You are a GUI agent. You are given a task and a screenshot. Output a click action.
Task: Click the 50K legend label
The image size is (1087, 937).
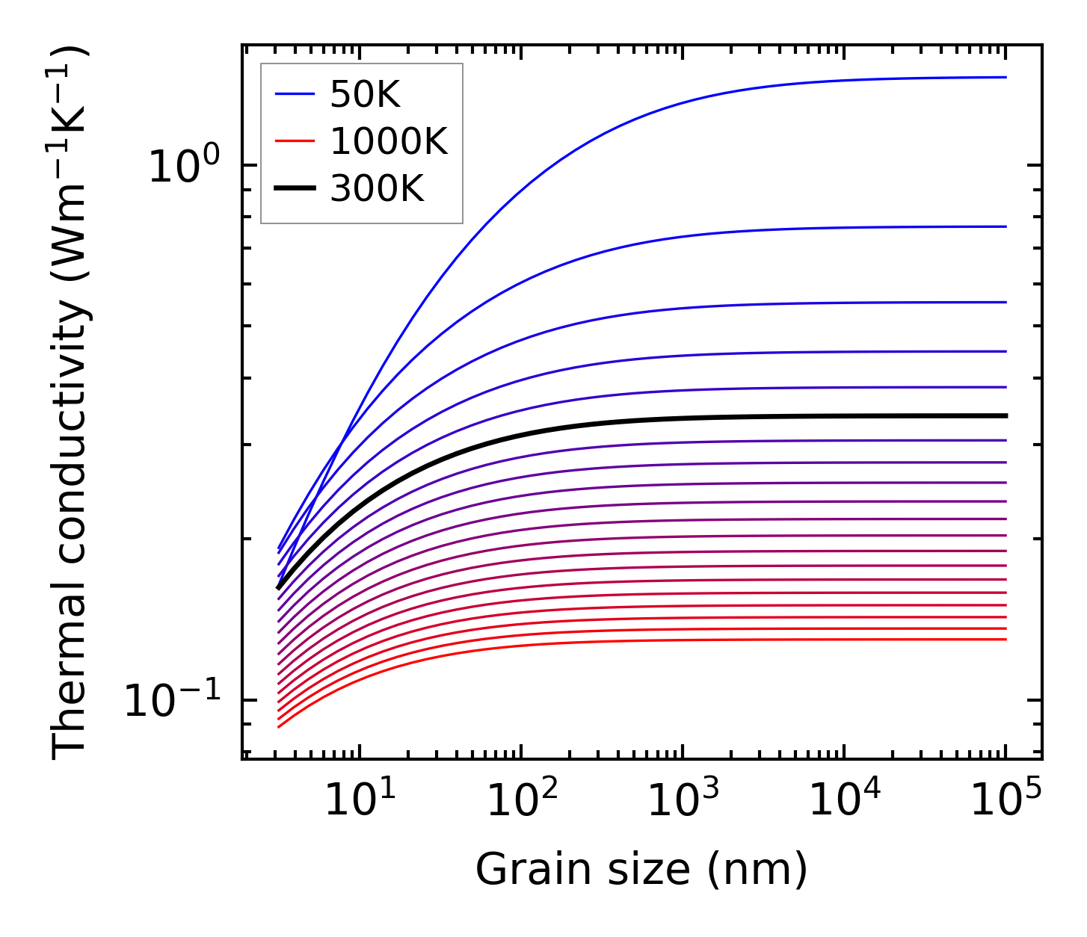(366, 95)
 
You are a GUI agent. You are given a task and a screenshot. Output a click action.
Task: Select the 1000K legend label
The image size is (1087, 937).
(389, 141)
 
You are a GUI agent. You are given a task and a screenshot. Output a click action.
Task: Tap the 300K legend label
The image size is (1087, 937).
(377, 189)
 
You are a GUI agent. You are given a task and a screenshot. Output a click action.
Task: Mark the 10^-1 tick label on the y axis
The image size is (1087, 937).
(173, 701)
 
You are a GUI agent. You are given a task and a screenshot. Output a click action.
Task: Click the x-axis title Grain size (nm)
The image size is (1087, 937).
(641, 869)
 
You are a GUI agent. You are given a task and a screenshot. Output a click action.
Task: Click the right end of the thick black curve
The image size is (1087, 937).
(1006, 415)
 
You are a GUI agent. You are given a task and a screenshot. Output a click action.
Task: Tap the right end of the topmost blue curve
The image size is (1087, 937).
(1006, 77)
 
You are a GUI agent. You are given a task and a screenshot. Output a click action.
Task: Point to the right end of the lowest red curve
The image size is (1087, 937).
(1006, 639)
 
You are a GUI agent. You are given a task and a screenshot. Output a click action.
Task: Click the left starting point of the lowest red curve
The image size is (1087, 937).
(278, 727)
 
